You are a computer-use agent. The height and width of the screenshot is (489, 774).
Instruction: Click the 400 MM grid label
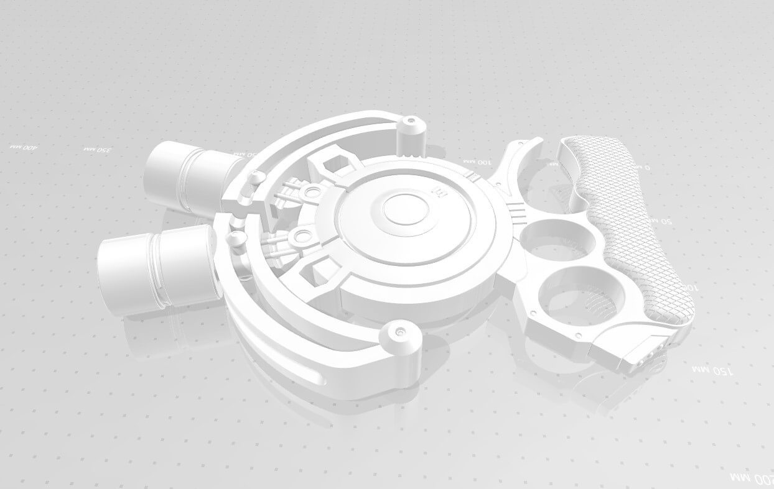pyautogui.click(x=24, y=147)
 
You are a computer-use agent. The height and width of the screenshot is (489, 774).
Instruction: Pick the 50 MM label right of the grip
pyautogui.click(x=666, y=221)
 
